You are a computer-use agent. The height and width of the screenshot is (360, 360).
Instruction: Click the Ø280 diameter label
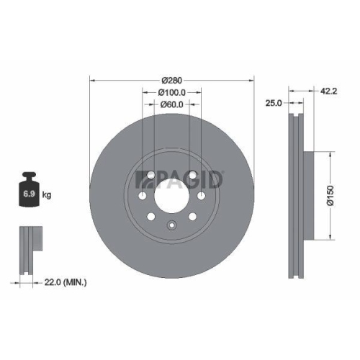coord(171,79)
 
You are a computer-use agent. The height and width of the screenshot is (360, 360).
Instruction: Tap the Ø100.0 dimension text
coord(172,92)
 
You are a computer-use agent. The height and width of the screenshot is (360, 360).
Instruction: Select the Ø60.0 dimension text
coord(172,105)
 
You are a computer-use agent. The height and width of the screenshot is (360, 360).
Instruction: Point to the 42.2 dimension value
coord(328,91)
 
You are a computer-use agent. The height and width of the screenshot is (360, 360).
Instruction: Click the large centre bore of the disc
coord(171,194)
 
